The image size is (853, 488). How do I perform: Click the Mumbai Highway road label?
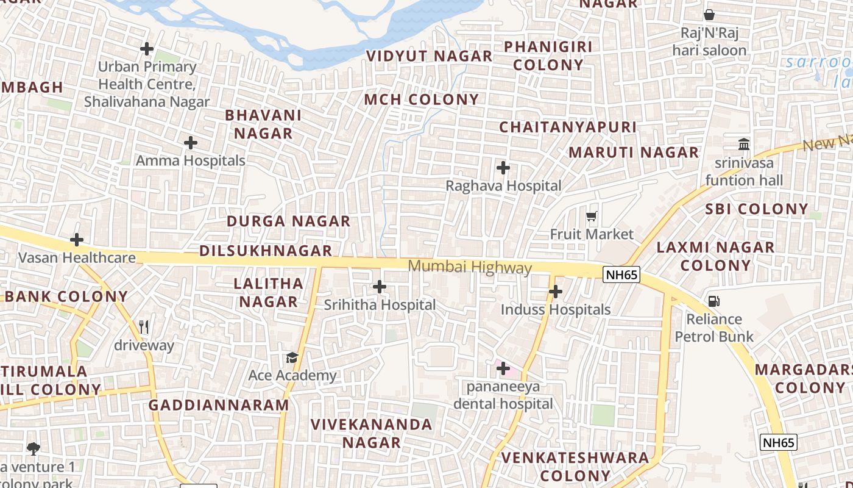point(470,267)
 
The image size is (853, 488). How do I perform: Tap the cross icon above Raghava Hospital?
point(503,168)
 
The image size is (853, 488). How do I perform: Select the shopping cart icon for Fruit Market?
point(591,216)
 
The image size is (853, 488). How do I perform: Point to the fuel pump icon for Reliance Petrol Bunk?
point(713,301)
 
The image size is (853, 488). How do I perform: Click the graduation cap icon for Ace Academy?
point(292,357)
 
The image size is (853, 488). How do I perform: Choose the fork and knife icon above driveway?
point(144,327)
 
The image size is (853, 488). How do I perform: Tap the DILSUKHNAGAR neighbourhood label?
point(266,251)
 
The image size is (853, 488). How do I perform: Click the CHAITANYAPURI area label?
point(568,127)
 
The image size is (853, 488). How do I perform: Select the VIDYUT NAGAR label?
point(429,56)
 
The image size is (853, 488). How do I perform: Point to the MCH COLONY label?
point(422,99)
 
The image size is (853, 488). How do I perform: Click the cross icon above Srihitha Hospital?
point(380,287)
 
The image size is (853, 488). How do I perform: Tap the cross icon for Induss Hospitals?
point(556,292)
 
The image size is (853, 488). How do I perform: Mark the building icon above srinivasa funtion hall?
point(744,145)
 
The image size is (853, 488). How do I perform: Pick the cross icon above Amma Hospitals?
point(191,143)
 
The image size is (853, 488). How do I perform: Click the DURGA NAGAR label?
point(289,221)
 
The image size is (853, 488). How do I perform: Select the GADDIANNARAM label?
point(219,405)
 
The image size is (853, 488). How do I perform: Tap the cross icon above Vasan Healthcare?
point(77,240)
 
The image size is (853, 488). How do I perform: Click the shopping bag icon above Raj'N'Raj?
point(709,15)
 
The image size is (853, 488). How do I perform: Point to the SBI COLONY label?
point(757,209)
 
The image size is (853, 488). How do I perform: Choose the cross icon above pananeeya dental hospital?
point(503,368)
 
